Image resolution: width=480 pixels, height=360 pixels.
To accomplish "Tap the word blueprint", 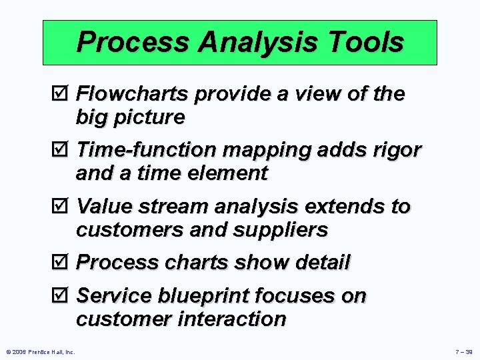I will (206, 296).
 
